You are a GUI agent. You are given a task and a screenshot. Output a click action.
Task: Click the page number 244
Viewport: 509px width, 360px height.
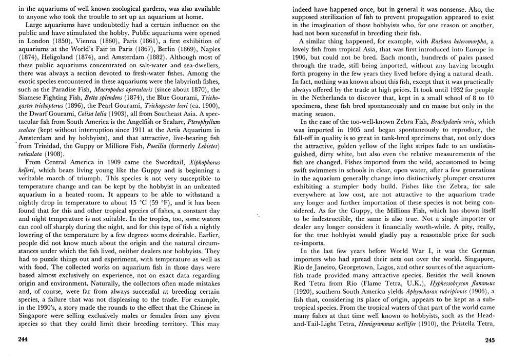click(x=23, y=339)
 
